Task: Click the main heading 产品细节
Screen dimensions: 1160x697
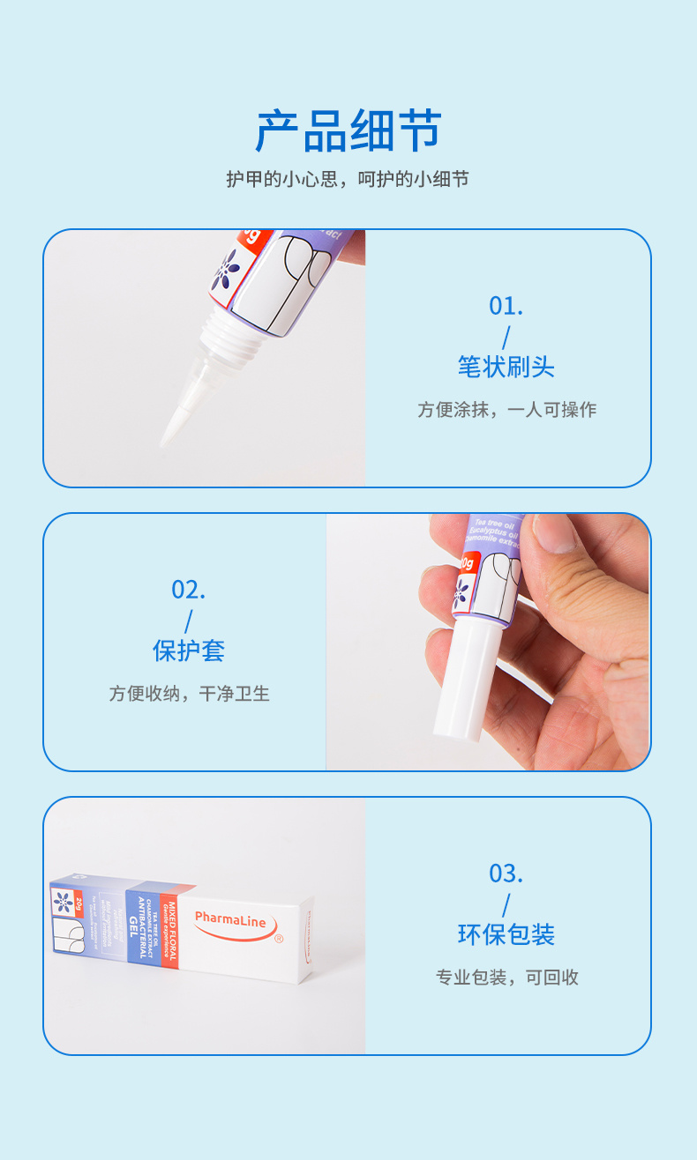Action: [348, 132]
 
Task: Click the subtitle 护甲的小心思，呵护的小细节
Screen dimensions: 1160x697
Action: [348, 179]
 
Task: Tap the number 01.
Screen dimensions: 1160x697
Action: [506, 306]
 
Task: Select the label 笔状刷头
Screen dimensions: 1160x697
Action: [506, 367]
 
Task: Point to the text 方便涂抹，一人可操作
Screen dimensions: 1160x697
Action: [506, 410]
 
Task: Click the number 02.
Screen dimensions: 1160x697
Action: [189, 590]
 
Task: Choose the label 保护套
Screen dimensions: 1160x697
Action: [189, 651]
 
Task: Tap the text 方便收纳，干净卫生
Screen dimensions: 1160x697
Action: [189, 694]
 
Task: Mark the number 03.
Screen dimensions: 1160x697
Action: [506, 874]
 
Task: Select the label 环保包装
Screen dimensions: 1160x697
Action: [506, 934]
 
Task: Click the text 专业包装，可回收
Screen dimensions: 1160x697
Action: [506, 978]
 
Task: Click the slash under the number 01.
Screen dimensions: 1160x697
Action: [506, 338]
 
